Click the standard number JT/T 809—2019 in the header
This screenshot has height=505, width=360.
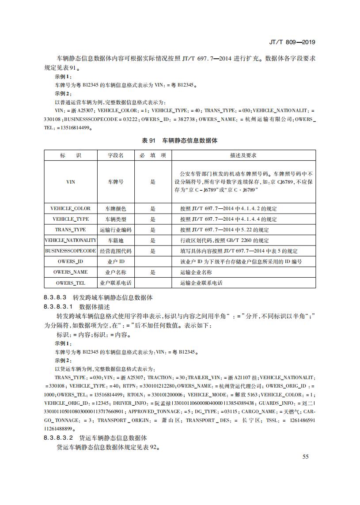tap(292, 42)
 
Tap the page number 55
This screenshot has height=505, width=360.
tap(305, 456)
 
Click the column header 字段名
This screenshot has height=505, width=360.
tap(116, 155)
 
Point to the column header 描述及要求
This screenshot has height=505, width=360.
tap(243, 155)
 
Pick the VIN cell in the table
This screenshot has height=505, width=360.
tap(70, 182)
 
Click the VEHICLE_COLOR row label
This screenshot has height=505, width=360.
tap(70, 209)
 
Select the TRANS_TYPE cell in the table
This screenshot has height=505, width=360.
tap(70, 230)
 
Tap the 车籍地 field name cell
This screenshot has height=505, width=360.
tap(116, 241)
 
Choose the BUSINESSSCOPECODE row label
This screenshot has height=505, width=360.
tap(70, 251)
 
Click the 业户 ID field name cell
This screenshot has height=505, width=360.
tap(116, 262)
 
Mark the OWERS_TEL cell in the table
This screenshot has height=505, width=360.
tap(70, 283)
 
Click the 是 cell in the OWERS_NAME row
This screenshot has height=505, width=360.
tap(153, 272)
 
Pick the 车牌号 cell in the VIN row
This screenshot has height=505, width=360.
tap(116, 182)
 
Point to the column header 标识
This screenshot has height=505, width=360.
tap(70, 155)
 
